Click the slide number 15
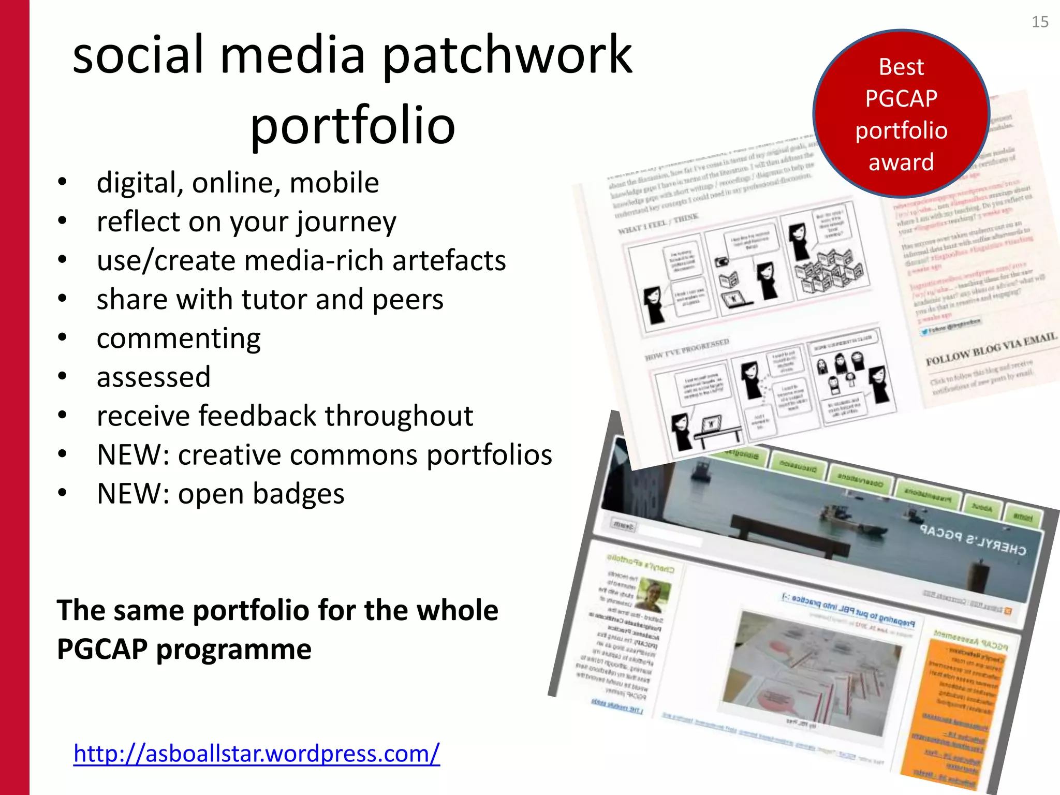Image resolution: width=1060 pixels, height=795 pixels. pyautogui.click(x=1040, y=22)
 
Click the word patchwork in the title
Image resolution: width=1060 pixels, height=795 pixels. pyautogui.click(x=507, y=55)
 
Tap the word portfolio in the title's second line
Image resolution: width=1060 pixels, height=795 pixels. pyautogui.click(x=352, y=125)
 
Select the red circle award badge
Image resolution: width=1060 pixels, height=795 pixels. pyautogui.click(x=901, y=113)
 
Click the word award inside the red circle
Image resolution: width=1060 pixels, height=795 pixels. pyautogui.click(x=901, y=162)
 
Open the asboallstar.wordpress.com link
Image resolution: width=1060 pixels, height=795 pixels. pyautogui.click(x=257, y=753)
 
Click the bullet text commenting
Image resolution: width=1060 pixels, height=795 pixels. pyautogui.click(x=179, y=339)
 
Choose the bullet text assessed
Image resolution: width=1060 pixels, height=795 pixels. pyautogui.click(x=154, y=377)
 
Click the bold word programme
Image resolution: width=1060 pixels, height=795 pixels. pyautogui.click(x=234, y=650)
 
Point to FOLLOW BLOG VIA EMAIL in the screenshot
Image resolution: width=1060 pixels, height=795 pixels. pyautogui.click(x=991, y=349)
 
